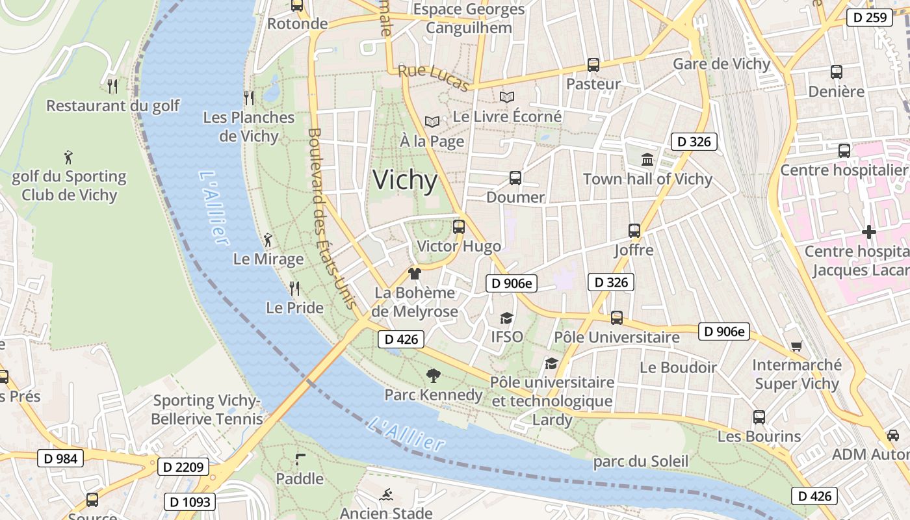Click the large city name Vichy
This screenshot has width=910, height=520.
point(405,180)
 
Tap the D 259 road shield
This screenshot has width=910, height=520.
point(869,18)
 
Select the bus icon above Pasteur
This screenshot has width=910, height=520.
point(593,65)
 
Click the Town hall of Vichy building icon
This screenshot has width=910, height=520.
point(647,159)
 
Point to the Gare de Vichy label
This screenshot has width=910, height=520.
point(721,64)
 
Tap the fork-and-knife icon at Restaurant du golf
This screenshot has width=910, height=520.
point(112,86)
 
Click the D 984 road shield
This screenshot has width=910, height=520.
point(60,458)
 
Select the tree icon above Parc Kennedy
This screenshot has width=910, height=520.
point(433,375)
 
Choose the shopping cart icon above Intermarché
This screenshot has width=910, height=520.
point(796,346)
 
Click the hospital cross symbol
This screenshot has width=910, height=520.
point(868,232)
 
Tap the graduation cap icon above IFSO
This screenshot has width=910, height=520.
point(506,318)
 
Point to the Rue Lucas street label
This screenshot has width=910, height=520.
point(434,78)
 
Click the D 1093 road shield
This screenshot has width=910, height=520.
point(190,502)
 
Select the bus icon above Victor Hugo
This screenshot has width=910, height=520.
point(458,227)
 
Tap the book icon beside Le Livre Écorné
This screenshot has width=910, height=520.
point(506,97)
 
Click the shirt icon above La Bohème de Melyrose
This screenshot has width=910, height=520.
point(414,274)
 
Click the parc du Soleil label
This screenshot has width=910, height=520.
point(640,461)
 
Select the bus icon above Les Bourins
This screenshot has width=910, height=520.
point(759,417)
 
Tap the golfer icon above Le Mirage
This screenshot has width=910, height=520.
point(268,240)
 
